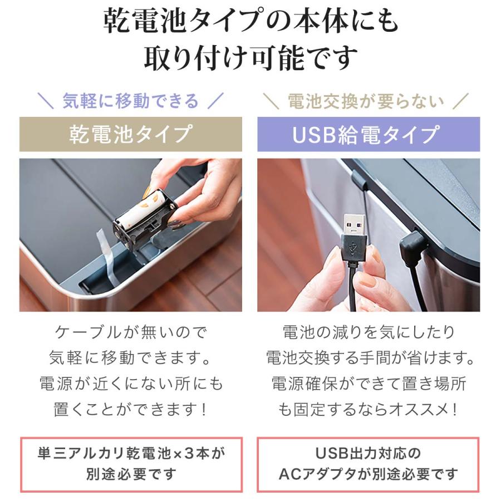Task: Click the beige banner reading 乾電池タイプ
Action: tap(131, 134)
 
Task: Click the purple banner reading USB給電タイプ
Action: tap(369, 134)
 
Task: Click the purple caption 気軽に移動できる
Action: tap(130, 101)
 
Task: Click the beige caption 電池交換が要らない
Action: tap(366, 101)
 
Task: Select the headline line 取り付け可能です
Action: tap(250, 58)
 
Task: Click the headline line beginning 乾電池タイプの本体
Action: tap(250, 21)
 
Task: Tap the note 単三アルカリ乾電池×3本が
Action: tap(131, 453)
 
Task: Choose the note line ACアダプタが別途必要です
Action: tap(369, 474)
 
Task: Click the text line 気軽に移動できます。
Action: tap(130, 358)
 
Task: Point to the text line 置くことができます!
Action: tap(130, 409)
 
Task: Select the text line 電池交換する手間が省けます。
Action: tap(370, 358)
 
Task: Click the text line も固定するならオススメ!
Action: tap(368, 409)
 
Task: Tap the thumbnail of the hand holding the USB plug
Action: tap(369, 235)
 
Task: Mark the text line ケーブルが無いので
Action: tap(131, 332)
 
